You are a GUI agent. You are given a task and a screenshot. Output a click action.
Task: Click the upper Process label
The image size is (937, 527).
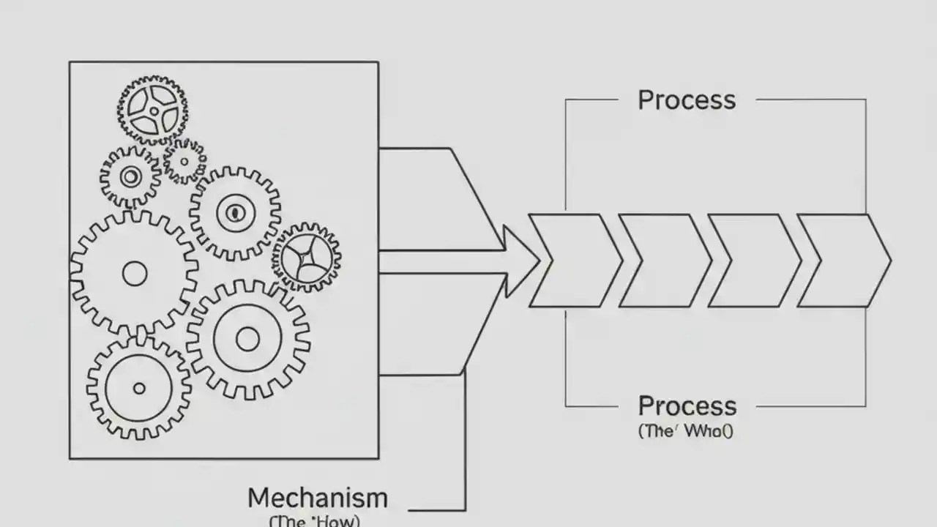pyautogui.click(x=686, y=100)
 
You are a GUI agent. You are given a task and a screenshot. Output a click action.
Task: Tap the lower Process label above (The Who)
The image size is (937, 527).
pyautogui.click(x=686, y=406)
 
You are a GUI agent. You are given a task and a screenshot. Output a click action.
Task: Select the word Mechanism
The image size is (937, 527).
pyautogui.click(x=317, y=498)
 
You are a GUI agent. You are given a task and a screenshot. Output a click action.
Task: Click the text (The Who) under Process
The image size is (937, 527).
pyautogui.click(x=685, y=430)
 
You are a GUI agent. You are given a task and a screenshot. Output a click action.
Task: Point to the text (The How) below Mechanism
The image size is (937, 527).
pyautogui.click(x=315, y=521)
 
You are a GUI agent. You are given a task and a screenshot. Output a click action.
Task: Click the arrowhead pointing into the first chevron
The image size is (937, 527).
pyautogui.click(x=521, y=261)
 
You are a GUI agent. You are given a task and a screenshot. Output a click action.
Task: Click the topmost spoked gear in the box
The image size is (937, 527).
pyautogui.click(x=152, y=110)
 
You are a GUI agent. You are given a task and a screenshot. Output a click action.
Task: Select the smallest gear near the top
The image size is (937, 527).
pyautogui.click(x=184, y=161)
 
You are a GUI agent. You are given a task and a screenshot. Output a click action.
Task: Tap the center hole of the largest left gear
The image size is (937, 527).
pyautogui.click(x=135, y=274)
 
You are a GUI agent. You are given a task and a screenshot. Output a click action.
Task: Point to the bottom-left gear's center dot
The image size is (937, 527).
pyautogui.click(x=139, y=388)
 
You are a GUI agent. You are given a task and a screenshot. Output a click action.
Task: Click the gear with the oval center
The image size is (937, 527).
pyautogui.click(x=234, y=213)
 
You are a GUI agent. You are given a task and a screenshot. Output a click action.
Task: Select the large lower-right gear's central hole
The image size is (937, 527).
pyautogui.click(x=247, y=339)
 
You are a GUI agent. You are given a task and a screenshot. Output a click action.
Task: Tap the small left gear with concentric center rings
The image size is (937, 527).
pyautogui.click(x=130, y=176)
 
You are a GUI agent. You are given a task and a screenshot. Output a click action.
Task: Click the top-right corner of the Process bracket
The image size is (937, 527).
pyautogui.click(x=866, y=100)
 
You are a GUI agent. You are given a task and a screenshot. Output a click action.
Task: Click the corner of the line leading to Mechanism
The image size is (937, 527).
pyautogui.click(x=465, y=509)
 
